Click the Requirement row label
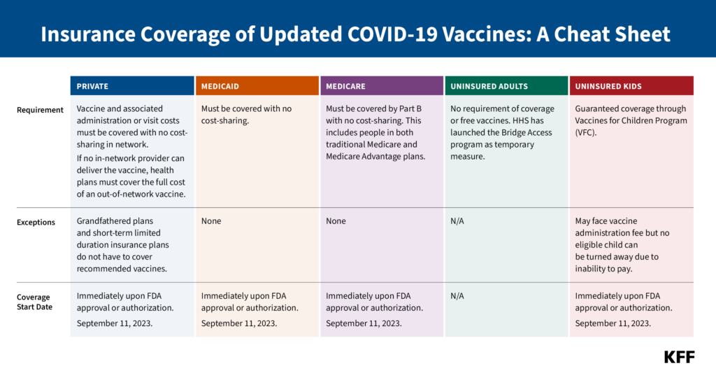tap(41, 109)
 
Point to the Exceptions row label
tap(36, 222)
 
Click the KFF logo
tap(679, 357)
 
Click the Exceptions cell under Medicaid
tap(211, 221)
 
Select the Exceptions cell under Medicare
tap(336, 221)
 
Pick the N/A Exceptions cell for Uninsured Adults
tap(457, 221)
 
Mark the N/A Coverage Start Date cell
tap(457, 296)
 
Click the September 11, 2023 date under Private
tap(115, 323)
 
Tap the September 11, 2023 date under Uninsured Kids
tap(613, 323)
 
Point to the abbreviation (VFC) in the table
tap(588, 132)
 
